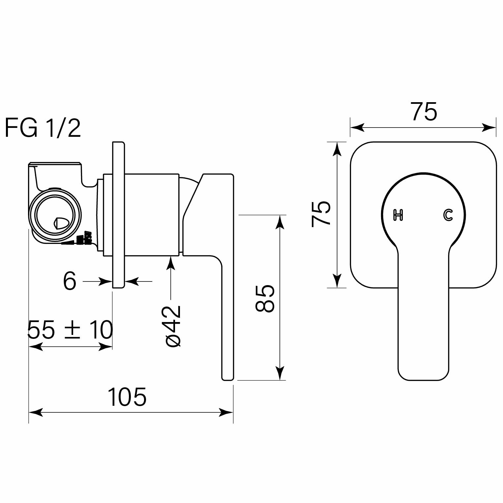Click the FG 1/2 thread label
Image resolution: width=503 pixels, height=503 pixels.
(43, 128)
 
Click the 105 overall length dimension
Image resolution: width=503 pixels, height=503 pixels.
(127, 397)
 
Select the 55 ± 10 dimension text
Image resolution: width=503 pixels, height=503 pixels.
(70, 330)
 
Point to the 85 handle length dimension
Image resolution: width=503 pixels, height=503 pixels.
(265, 298)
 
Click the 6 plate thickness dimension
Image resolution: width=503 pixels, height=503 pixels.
(70, 281)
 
